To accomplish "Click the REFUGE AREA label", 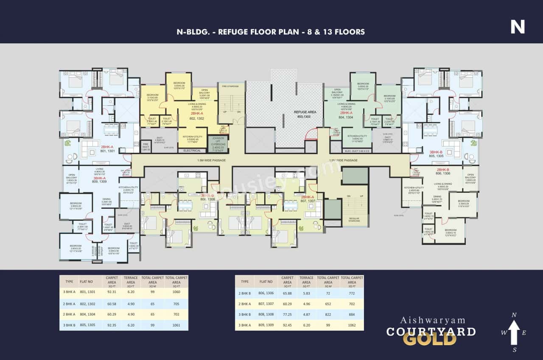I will [303, 112].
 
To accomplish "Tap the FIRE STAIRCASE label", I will [230, 86].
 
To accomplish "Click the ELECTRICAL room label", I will [192, 151].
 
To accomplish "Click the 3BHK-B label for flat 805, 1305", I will [436, 152].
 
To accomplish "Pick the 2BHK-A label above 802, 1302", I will [197, 113].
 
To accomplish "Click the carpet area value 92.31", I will [112, 292].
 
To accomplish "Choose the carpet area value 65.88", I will [287, 293].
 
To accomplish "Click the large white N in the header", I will [517, 26].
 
